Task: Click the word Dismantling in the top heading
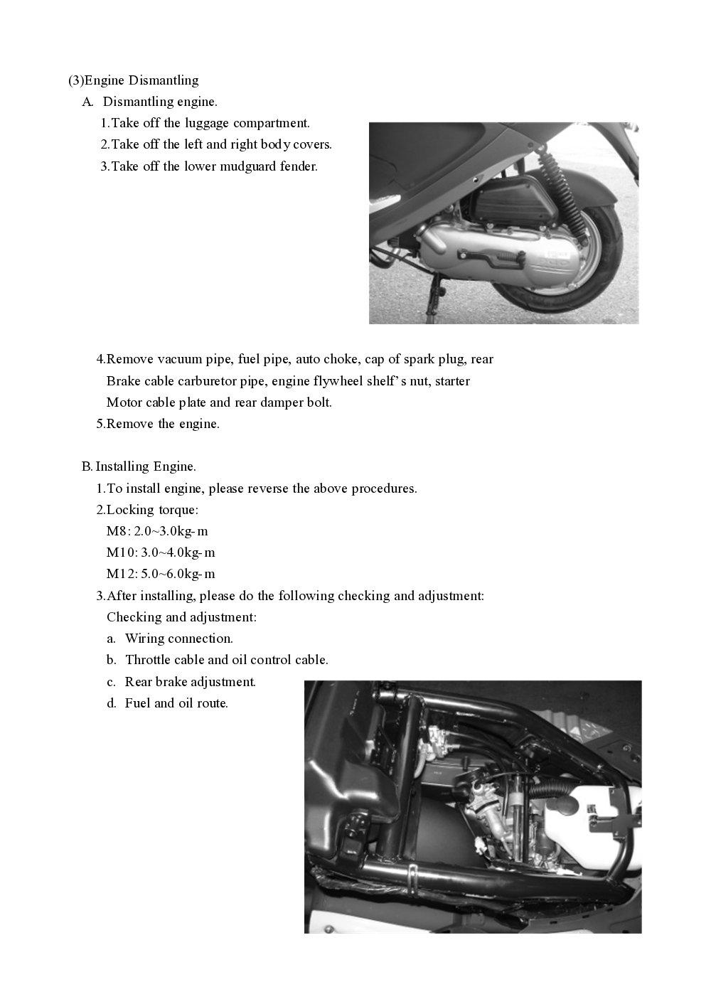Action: tap(164, 80)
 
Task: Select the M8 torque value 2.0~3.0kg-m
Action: tap(171, 531)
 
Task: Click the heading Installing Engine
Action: tap(146, 466)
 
